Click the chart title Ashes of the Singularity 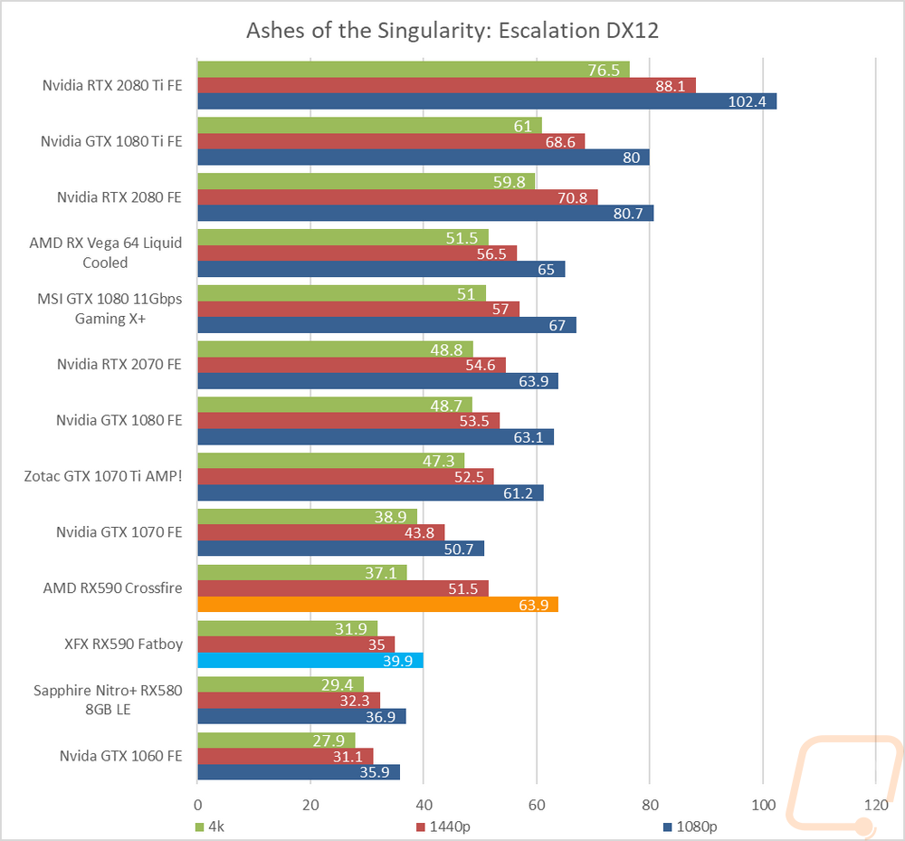tap(452, 30)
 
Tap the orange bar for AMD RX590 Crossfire tap(377, 605)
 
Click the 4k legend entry tap(207, 827)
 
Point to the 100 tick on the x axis tap(763, 805)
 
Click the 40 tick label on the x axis tap(424, 805)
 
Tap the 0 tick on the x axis tap(197, 805)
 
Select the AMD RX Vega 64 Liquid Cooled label tap(112, 253)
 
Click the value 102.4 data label tap(747, 101)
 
